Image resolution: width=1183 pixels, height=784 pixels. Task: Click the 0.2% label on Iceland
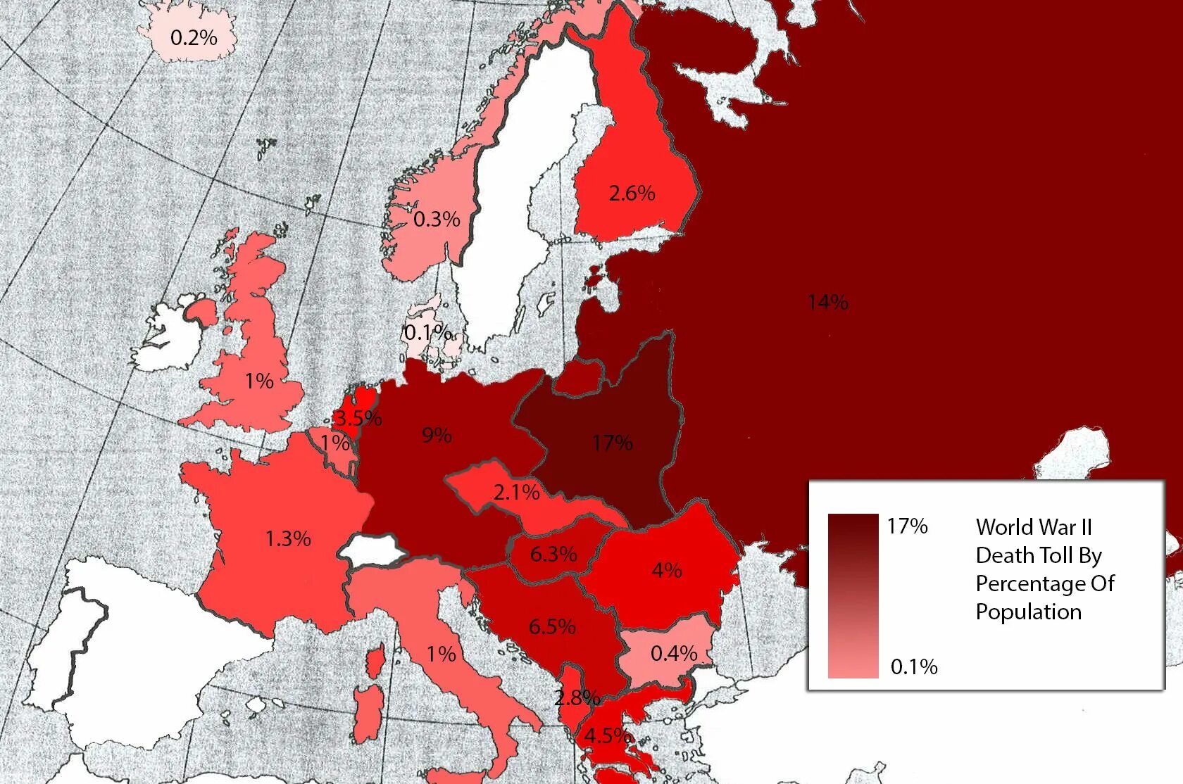[x=194, y=37]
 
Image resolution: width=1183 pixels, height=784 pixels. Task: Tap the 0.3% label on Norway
[x=437, y=219]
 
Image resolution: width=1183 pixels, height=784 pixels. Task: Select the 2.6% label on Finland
[x=632, y=193]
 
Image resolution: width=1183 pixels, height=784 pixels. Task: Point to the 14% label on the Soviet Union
[x=827, y=302]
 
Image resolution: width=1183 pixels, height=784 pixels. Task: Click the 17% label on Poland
[x=612, y=443]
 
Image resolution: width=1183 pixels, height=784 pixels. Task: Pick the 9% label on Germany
[x=437, y=435]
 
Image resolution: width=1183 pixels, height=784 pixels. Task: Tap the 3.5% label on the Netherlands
[x=358, y=419]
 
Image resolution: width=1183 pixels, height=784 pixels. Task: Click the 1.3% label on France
[x=287, y=538]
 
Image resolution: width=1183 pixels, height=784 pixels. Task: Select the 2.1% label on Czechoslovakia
[x=516, y=492]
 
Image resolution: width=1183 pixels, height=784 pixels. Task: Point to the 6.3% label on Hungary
[x=553, y=554]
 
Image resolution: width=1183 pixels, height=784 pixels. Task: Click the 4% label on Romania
[x=666, y=569]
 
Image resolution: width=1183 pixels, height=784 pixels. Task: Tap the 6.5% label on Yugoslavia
[x=552, y=626]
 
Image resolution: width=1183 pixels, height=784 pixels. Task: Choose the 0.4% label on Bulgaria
[x=673, y=653]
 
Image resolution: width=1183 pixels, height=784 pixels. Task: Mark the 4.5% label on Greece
[x=607, y=735]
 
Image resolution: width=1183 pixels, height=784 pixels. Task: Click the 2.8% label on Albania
[x=577, y=697]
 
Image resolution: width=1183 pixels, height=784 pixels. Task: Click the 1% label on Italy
[x=441, y=654]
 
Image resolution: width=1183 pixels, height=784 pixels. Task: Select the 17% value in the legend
[x=907, y=526]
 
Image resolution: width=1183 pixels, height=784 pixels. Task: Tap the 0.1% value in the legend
[x=914, y=666]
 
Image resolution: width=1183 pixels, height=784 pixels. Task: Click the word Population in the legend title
[x=1028, y=612]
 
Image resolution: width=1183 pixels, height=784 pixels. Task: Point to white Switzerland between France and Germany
[x=371, y=547]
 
